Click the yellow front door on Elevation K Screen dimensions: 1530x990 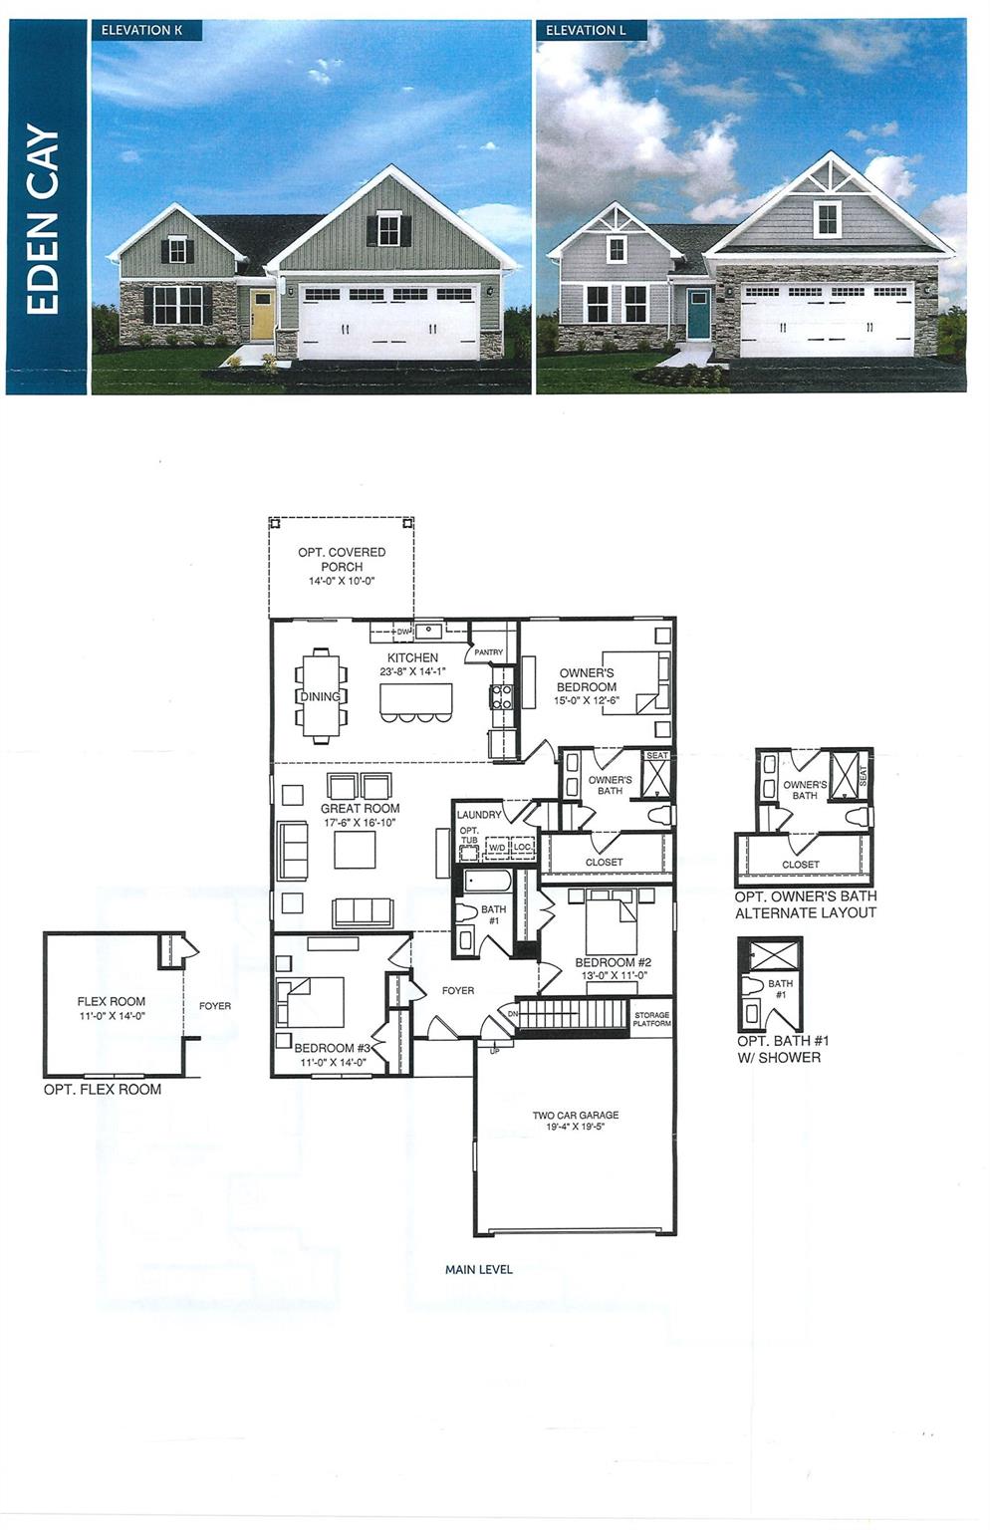pos(262,314)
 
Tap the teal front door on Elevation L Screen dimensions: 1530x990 pos(698,313)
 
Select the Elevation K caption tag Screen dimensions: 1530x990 pos(142,30)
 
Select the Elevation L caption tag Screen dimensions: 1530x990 pos(587,30)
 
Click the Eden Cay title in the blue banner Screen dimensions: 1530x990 pos(43,219)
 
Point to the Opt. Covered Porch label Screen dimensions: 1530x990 pos(342,559)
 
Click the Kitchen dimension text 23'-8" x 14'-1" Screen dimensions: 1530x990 pos(412,672)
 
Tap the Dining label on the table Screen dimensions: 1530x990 pos(321,696)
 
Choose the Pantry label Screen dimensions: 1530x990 pos(488,652)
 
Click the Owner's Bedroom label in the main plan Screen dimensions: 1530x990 pos(586,679)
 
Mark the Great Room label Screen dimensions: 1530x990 pos(360,809)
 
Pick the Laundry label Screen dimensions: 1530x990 pos(479,815)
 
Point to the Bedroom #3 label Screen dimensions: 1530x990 pos(332,1048)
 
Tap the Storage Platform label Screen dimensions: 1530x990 pos(652,1019)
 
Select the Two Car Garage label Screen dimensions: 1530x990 pos(576,1116)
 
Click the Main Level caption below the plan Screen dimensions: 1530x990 pos(479,1269)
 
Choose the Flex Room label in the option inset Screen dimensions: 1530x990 pos(112,1002)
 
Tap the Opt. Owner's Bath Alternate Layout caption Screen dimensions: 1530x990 pos(806,904)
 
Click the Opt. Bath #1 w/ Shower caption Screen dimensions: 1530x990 pos(784,1048)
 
